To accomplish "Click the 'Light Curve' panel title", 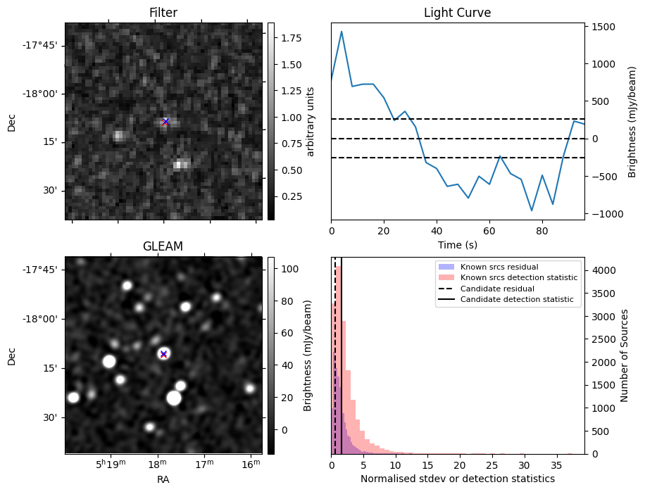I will (x=457, y=13).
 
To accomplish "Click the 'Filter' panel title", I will (x=163, y=13).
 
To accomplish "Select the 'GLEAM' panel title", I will (x=163, y=246).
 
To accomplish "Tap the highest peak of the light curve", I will (x=342, y=32).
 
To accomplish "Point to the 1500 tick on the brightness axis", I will (x=602, y=27).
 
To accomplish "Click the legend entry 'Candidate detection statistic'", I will (x=516, y=300).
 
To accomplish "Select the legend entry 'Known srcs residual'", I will (x=499, y=267).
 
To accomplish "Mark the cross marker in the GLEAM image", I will (x=163, y=354).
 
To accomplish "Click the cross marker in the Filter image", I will (x=165, y=122).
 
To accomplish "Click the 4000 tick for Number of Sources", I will (x=602, y=270).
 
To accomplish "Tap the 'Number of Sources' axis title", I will (x=624, y=355).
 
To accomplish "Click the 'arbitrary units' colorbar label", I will (x=310, y=121).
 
